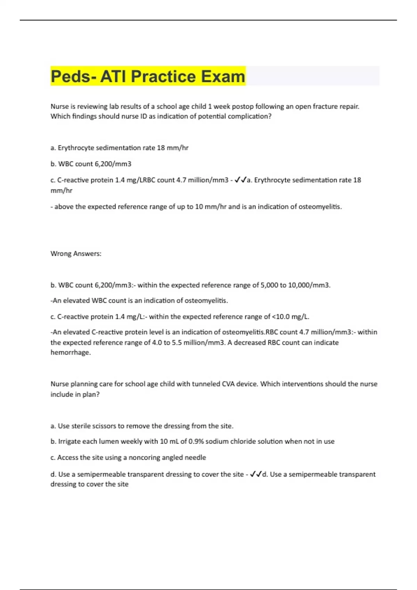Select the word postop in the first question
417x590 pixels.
click(x=242, y=107)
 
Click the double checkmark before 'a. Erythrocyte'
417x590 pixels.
click(x=240, y=180)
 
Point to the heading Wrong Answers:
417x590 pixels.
click(x=76, y=254)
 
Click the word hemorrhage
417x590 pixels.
click(x=71, y=353)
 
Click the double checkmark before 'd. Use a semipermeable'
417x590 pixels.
click(x=256, y=474)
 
